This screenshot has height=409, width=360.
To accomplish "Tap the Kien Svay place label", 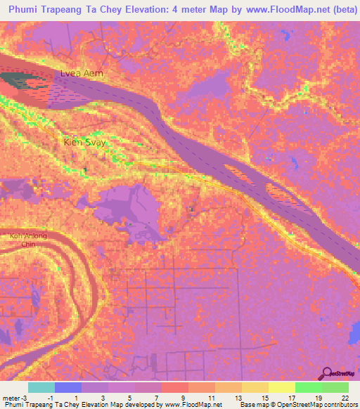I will [x=81, y=141].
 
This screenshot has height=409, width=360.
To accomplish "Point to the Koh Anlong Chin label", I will [x=28, y=240].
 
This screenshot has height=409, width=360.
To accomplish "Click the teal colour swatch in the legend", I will [x=41, y=387].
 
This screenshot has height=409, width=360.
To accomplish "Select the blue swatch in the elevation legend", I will [x=68, y=387].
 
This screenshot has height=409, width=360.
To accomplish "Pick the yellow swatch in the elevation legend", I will [x=281, y=387].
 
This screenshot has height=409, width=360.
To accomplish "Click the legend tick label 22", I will [x=345, y=398].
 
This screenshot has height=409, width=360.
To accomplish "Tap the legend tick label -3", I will [x=25, y=398].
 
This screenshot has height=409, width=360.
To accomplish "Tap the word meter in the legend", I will [x=11, y=398].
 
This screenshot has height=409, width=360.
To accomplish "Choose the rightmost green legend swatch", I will [x=335, y=387].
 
